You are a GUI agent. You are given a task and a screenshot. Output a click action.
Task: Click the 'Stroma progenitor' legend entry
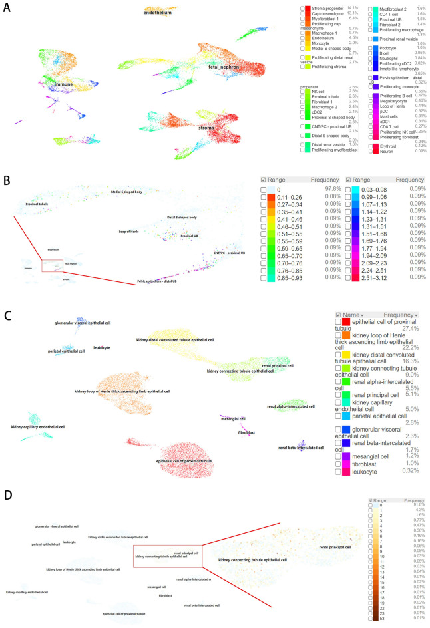point(330,8)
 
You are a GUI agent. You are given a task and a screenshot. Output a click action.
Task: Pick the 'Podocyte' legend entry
point(383,47)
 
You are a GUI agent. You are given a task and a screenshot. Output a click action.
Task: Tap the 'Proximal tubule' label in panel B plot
point(39,203)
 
